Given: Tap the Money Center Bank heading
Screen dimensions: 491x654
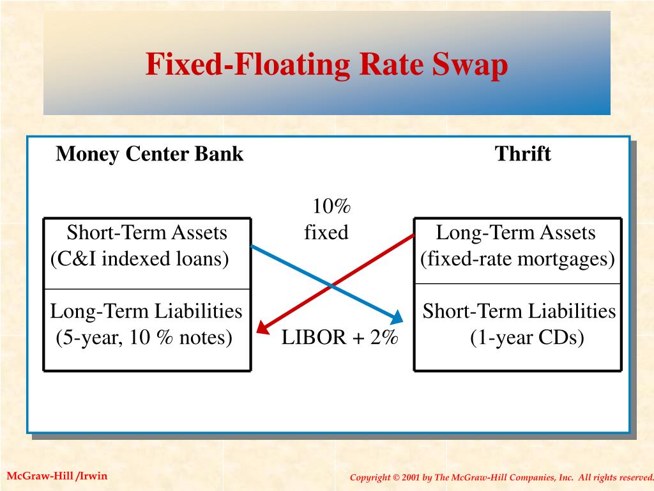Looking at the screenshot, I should click(149, 154).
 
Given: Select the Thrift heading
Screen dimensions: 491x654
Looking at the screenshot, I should click(522, 154).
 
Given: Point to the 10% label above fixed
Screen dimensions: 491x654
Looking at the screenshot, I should click(331, 207).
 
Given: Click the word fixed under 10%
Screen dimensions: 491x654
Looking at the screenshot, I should click(326, 233).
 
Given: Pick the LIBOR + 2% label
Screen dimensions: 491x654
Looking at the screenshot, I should click(340, 338).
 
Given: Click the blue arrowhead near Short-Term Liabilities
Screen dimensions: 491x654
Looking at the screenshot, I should click(397, 316).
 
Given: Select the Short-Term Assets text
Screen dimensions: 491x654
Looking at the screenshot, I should click(147, 233).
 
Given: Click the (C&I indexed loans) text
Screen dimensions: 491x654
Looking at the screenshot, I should click(140, 259).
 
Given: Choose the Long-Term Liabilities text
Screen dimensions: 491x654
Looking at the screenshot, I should click(146, 312).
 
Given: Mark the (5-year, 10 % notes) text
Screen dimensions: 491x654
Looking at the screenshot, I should click(144, 338).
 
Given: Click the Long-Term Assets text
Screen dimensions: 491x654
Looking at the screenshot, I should click(515, 233).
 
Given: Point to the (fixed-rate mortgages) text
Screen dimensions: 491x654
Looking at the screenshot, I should click(517, 259).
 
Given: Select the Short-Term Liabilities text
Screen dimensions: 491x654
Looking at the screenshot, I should click(519, 312).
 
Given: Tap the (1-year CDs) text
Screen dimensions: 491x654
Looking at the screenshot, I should click(528, 338).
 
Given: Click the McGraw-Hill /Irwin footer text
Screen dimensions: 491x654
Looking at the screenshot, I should click(57, 476).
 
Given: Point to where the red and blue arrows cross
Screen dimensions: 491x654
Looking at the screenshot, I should click(331, 285).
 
